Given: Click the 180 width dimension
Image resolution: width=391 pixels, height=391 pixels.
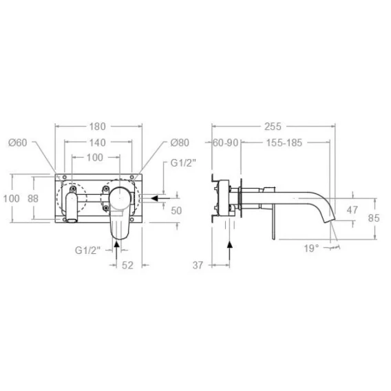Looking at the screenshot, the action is click(98, 127).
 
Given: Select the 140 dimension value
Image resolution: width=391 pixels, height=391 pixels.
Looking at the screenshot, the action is click(98, 142).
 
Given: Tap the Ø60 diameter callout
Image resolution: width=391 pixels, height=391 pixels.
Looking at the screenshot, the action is click(17, 142).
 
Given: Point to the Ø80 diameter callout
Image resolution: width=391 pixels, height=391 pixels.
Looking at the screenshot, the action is click(180, 142).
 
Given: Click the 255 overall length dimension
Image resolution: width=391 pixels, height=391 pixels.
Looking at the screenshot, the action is click(273, 127).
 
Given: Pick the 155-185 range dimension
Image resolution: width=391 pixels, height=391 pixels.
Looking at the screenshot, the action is click(284, 143).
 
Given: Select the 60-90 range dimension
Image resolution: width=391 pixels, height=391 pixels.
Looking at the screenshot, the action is click(225, 143).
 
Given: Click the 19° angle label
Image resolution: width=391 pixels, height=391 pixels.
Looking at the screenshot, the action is click(311, 249).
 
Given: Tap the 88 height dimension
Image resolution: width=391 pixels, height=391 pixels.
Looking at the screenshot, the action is click(33, 199).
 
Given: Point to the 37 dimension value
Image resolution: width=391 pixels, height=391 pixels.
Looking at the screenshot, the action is click(198, 265).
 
